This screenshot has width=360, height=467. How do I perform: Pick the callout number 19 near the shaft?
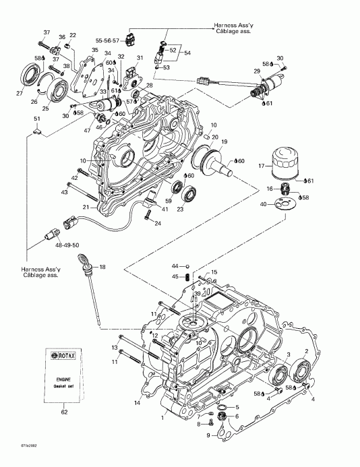click(x=224, y=142)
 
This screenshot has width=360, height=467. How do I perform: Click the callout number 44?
click(x=175, y=265)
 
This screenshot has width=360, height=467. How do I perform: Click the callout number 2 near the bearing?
click(x=307, y=351)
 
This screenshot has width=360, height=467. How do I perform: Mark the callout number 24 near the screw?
click(x=157, y=224)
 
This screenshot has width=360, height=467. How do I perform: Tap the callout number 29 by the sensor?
click(x=257, y=71)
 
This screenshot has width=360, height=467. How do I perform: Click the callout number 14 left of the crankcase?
click(x=137, y=403)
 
